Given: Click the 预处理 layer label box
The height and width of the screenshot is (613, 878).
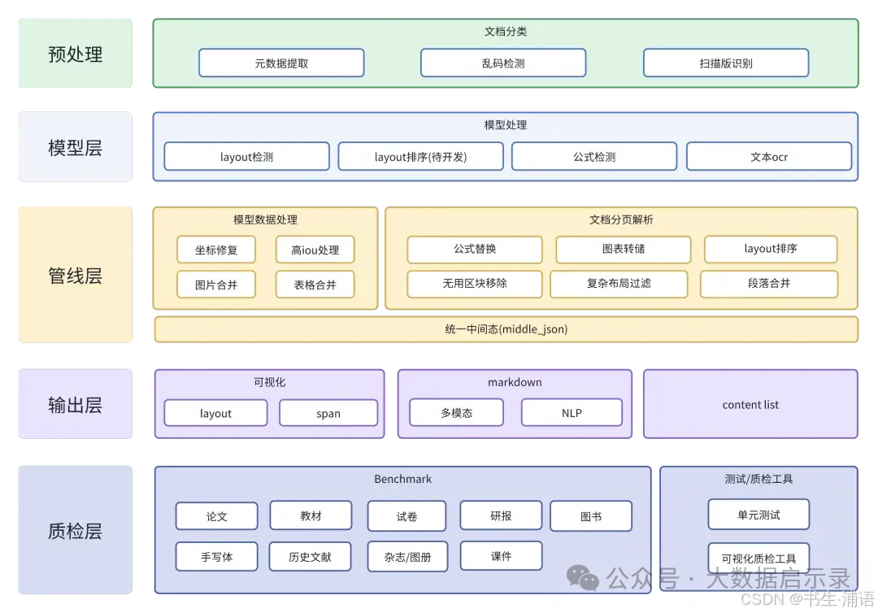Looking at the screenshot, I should click(x=75, y=54).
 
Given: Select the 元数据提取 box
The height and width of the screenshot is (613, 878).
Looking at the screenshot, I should click(x=281, y=63).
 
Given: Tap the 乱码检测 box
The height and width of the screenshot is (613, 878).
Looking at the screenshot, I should click(x=503, y=63).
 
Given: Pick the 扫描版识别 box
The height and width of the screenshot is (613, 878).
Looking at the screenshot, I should click(x=725, y=63).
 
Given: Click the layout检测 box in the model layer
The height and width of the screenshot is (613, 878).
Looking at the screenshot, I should click(x=246, y=156).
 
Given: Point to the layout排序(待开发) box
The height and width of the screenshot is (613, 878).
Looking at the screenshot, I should click(x=420, y=156).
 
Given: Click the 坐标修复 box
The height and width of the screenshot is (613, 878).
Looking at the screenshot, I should click(x=216, y=250).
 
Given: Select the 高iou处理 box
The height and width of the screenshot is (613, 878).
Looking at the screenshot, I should click(x=315, y=250).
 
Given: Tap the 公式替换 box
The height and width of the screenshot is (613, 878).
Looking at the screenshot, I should click(x=475, y=249).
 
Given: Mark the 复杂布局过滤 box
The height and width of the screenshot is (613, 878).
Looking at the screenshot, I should click(x=619, y=284).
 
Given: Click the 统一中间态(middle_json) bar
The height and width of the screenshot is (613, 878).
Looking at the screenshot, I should click(x=506, y=328).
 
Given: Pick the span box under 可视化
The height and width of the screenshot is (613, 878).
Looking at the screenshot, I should click(x=328, y=413).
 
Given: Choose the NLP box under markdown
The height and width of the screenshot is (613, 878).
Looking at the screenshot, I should click(x=572, y=412).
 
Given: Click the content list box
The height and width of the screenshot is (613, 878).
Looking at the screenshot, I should click(x=750, y=404).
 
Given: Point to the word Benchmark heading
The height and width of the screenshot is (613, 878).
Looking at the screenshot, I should click(x=402, y=479).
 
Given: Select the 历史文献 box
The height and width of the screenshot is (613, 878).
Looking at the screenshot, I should click(x=310, y=557).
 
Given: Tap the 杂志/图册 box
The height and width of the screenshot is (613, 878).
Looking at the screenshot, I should click(x=407, y=557).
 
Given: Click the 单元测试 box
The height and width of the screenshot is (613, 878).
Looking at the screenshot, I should click(x=758, y=514).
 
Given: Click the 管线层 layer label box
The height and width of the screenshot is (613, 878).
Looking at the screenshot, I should click(x=75, y=275).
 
